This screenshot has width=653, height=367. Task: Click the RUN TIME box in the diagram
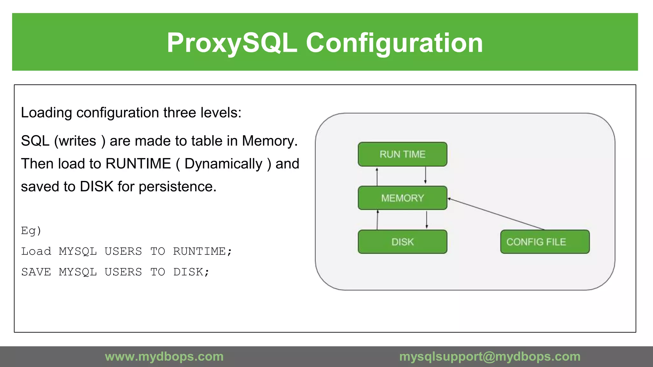(x=402, y=154)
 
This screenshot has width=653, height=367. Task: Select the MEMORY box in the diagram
(x=402, y=198)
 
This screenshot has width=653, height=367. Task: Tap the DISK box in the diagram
(x=402, y=242)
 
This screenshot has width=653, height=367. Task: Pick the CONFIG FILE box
(x=545, y=242)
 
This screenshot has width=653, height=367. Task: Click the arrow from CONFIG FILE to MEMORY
(x=496, y=214)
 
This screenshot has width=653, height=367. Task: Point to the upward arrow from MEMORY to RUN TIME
(x=377, y=176)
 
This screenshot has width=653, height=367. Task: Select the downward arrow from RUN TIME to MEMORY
(x=425, y=176)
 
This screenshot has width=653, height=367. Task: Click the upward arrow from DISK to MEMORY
(x=378, y=220)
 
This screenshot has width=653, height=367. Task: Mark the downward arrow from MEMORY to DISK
(x=427, y=219)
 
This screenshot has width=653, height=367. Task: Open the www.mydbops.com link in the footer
(x=164, y=356)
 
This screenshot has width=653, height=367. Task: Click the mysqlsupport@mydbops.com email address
(x=490, y=356)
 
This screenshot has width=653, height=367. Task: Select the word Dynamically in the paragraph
(x=223, y=164)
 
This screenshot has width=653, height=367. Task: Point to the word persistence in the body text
(x=177, y=187)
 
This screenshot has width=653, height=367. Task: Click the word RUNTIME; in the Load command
(x=202, y=251)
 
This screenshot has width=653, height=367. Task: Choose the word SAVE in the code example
(x=36, y=272)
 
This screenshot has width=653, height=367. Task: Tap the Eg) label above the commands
(x=31, y=231)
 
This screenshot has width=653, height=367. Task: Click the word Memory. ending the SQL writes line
(x=270, y=141)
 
